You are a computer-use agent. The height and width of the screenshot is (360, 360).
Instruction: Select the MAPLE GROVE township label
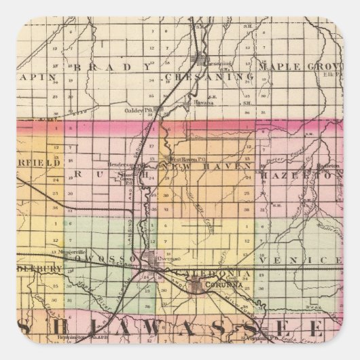pos(313,67)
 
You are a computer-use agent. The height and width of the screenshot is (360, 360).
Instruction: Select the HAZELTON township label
pos(319,165)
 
